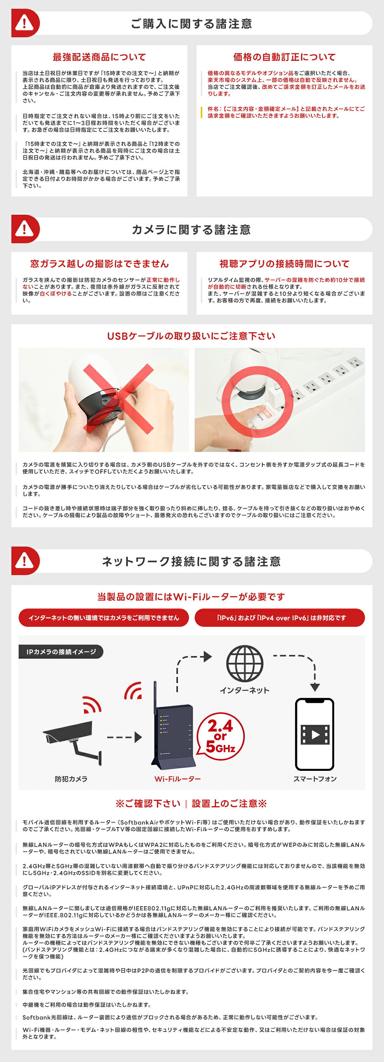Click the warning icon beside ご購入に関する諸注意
pyautogui.click(x=25, y=23)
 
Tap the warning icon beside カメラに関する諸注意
pyautogui.click(x=25, y=229)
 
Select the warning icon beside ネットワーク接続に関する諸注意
pyautogui.click(x=25, y=561)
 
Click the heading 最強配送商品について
pyautogui.click(x=99, y=57)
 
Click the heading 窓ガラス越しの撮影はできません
pyautogui.click(x=99, y=264)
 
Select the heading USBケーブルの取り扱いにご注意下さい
pyautogui.click(x=191, y=336)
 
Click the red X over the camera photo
pyautogui.click(x=118, y=399)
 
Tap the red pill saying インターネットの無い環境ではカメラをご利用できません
pyautogui.click(x=103, y=618)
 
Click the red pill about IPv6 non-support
pyautogui.click(x=280, y=618)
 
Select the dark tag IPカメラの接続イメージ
pyautogui.click(x=61, y=652)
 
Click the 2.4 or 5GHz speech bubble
pyautogui.click(x=220, y=737)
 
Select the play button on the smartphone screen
pyautogui.click(x=316, y=735)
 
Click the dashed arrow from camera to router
pyautogui.click(x=124, y=737)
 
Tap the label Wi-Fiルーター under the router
pyautogui.click(x=177, y=779)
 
